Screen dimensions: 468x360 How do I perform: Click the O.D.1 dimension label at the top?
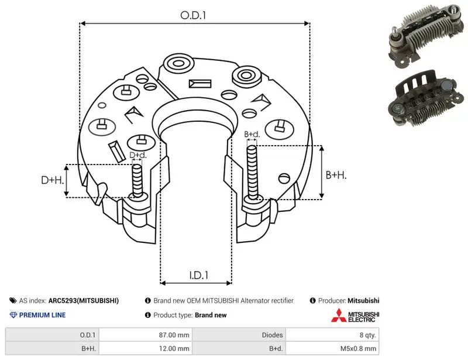tap(193, 15)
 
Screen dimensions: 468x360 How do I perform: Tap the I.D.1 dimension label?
tap(199, 275)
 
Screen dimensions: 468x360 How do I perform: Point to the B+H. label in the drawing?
tap(336, 175)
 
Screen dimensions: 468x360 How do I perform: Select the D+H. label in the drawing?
tap(53, 180)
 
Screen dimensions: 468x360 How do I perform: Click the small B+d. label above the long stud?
tap(252, 135)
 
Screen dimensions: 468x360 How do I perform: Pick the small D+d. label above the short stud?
tap(138, 155)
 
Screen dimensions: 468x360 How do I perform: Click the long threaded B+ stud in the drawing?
tap(253, 173)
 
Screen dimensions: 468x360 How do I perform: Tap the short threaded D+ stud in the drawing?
tap(137, 181)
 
